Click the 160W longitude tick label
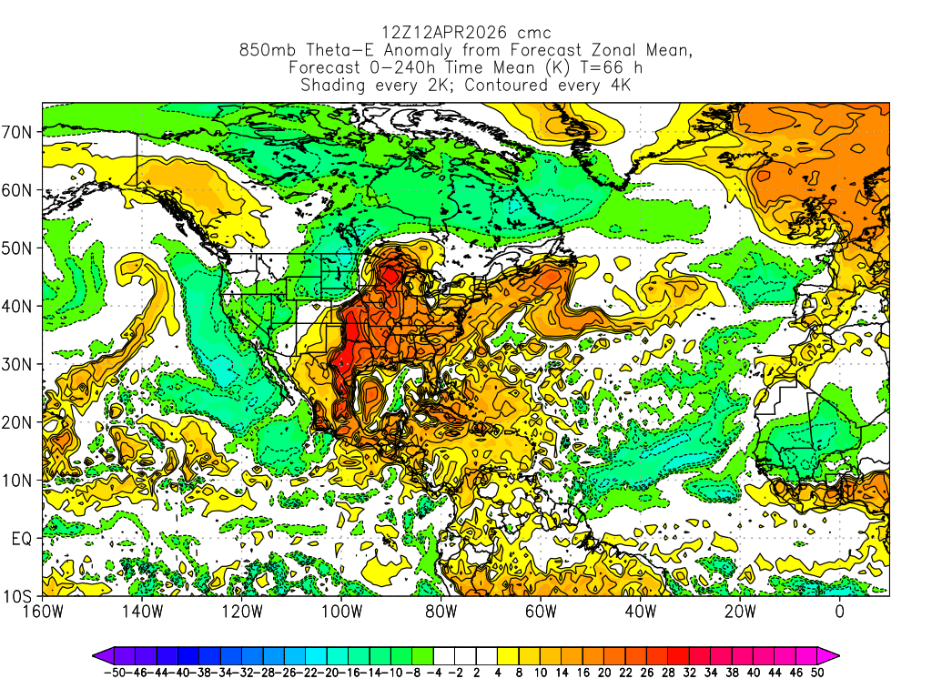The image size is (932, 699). [43, 612]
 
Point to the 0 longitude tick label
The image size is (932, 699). [840, 612]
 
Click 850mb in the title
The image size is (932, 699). [266, 51]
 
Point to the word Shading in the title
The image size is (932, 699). [333, 86]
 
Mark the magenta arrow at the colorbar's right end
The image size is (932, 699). [831, 654]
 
